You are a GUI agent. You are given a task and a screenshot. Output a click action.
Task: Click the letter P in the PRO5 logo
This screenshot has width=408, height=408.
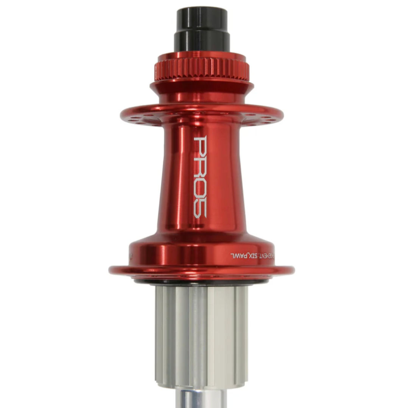tap(200, 146)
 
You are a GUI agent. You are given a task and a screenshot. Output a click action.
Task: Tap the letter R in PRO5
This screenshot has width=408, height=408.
tap(200, 165)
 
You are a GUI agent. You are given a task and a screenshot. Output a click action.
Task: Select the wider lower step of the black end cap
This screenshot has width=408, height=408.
tap(202, 41)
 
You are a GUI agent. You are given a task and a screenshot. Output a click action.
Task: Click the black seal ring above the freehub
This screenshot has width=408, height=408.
tap(201, 282)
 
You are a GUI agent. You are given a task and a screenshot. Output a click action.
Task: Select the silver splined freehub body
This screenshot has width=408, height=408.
tap(201, 333)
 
